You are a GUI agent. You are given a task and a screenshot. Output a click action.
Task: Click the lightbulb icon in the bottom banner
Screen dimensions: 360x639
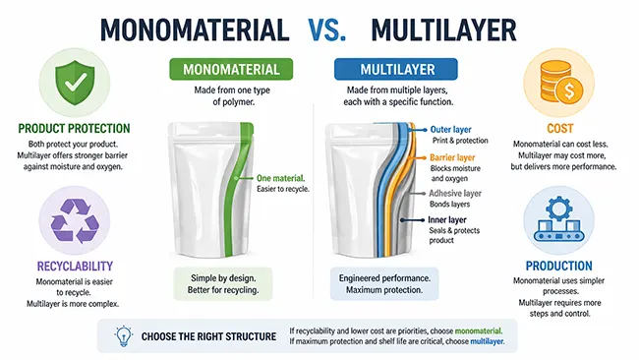125,336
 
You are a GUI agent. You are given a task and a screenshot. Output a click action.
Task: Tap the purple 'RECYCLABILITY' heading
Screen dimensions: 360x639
64,266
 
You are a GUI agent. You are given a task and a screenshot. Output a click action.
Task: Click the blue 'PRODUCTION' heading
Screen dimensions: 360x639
558,266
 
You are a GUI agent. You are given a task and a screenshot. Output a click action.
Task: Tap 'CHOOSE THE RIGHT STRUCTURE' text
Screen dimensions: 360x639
208,336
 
